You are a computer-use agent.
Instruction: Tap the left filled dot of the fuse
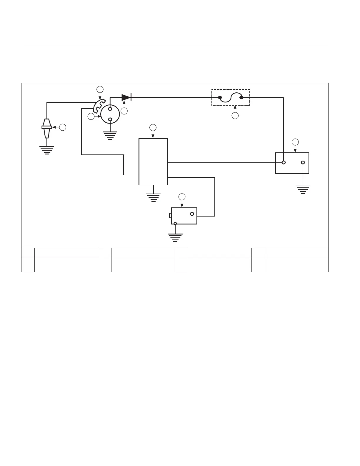pyautogui.click(x=220, y=97)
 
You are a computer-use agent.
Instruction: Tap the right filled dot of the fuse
pyautogui.click(x=241, y=97)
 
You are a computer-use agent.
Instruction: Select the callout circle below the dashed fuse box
pyautogui.click(x=235, y=116)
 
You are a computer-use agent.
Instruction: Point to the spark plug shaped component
pyautogui.click(x=47, y=128)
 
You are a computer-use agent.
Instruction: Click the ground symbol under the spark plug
pyautogui.click(x=47, y=150)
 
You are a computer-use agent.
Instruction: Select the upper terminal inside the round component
pyautogui.click(x=110, y=109)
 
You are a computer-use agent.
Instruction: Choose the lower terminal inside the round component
pyautogui.click(x=110, y=119)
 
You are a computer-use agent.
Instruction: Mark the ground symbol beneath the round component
pyautogui.click(x=110, y=135)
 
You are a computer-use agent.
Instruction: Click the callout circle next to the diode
pyautogui.click(x=124, y=111)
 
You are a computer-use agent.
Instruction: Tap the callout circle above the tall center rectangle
pyautogui.click(x=153, y=127)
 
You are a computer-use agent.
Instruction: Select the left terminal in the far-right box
pyautogui.click(x=284, y=163)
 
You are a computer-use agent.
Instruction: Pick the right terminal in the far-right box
pyautogui.click(x=303, y=163)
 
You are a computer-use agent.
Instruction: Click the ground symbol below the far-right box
pyautogui.click(x=303, y=189)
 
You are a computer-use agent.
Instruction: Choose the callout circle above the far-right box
pyautogui.click(x=295, y=142)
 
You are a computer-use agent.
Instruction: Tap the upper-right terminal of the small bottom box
pyautogui.click(x=192, y=214)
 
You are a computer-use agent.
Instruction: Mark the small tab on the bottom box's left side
pyautogui.click(x=170, y=216)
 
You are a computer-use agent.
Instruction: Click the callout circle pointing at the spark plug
pyautogui.click(x=63, y=127)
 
